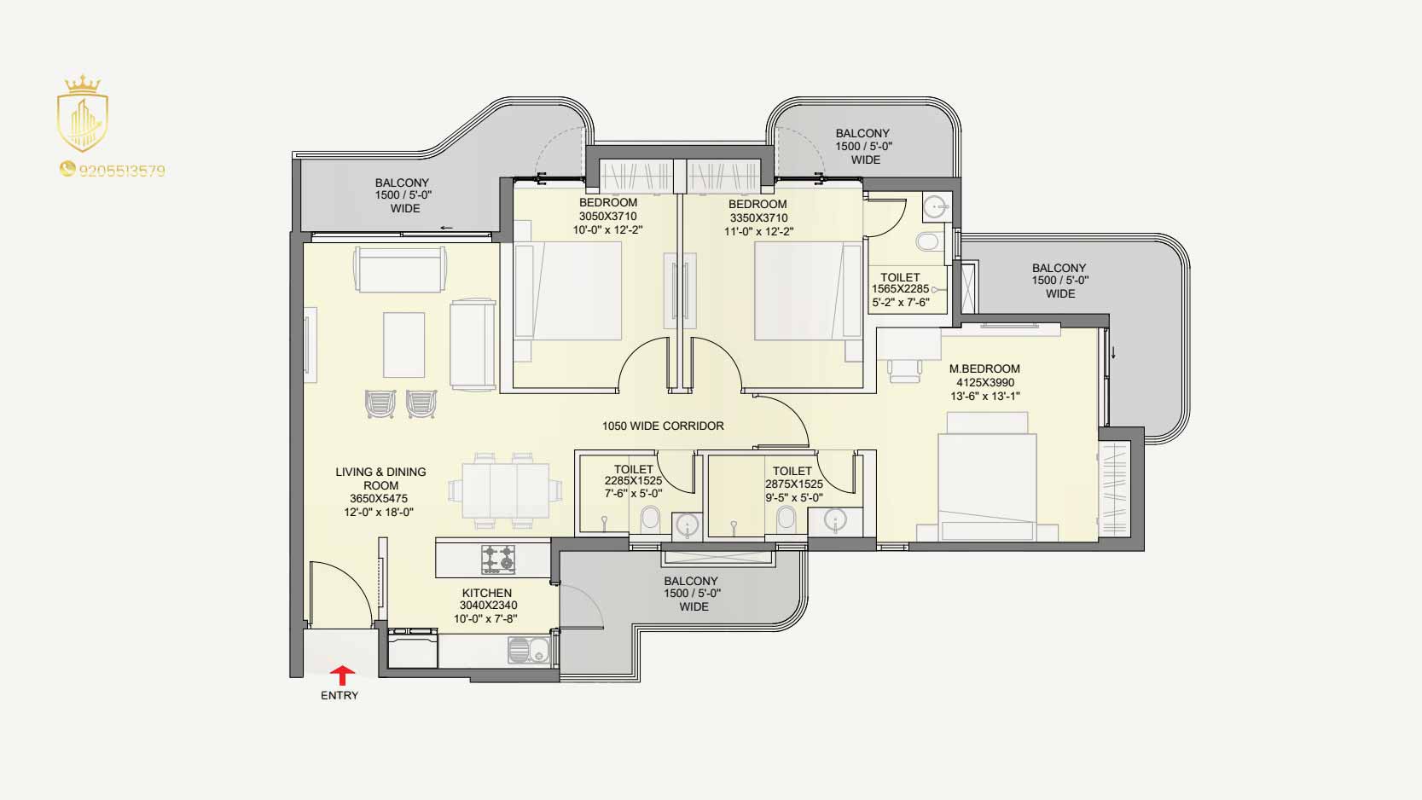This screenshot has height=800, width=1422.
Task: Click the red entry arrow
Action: [343, 675]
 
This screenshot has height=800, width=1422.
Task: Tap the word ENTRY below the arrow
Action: [340, 696]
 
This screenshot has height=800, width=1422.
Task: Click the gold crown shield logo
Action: [83, 113]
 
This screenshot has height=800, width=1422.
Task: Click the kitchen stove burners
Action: [497, 559]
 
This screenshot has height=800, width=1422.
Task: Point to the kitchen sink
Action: [529, 650]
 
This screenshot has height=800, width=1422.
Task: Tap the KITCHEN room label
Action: [487, 593]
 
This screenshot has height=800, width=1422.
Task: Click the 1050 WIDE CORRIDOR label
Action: [663, 426]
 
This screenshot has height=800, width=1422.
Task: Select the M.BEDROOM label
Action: [984, 369]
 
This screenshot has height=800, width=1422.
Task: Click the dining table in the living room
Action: [505, 490]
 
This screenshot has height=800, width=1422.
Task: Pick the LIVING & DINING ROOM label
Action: [381, 478]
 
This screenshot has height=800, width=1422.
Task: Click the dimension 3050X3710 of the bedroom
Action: [607, 217]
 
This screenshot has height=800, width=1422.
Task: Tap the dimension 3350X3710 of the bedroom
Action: [758, 217]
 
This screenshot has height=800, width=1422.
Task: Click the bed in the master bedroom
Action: [987, 476]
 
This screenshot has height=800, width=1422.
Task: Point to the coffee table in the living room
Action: [403, 345]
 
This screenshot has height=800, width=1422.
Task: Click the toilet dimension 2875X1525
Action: [793, 484]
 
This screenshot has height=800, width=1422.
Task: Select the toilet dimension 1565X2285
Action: [900, 289]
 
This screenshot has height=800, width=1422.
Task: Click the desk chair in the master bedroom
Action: [904, 370]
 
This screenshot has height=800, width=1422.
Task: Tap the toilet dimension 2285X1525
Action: [633, 481]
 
